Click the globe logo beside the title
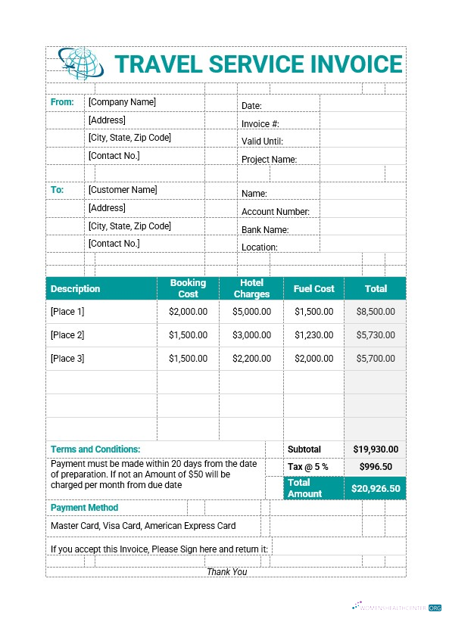[x=81, y=64]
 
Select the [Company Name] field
[x=122, y=102]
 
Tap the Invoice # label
[x=260, y=123]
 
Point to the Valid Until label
[x=262, y=141]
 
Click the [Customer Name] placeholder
[x=123, y=190]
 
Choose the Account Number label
[x=276, y=212]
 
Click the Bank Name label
[x=265, y=229]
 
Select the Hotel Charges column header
[x=251, y=288]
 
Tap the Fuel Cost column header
[x=313, y=288]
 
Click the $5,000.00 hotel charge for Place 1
[x=251, y=311]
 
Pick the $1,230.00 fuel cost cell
[x=314, y=334]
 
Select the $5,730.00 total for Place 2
[x=375, y=334]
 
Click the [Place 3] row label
[x=67, y=358]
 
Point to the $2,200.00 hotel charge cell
[x=251, y=358]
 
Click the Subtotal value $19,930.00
[x=375, y=449]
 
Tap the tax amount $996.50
[x=376, y=467]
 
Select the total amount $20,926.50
[x=376, y=489]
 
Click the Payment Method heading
[x=84, y=508]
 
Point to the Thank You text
[x=227, y=571]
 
